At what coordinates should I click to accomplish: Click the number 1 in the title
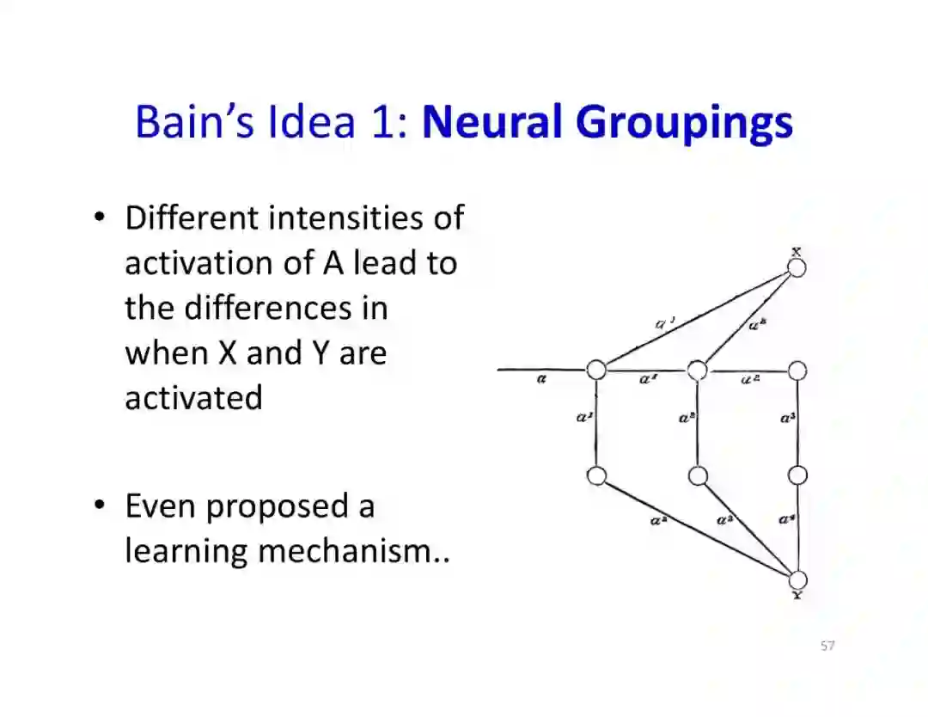pos(381,121)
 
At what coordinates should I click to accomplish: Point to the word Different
pos(192,218)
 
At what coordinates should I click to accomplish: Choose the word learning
pos(186,551)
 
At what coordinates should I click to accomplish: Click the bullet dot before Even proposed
pos(101,504)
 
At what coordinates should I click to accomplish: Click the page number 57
pos(827,646)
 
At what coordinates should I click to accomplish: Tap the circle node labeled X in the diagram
pos(797,267)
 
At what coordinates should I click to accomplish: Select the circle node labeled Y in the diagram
pos(797,580)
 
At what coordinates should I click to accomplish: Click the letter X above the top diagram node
pos(797,252)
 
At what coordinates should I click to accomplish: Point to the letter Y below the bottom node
pos(797,595)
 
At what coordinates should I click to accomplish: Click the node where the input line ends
pos(596,370)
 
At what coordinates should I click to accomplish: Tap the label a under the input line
pos(541,379)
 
